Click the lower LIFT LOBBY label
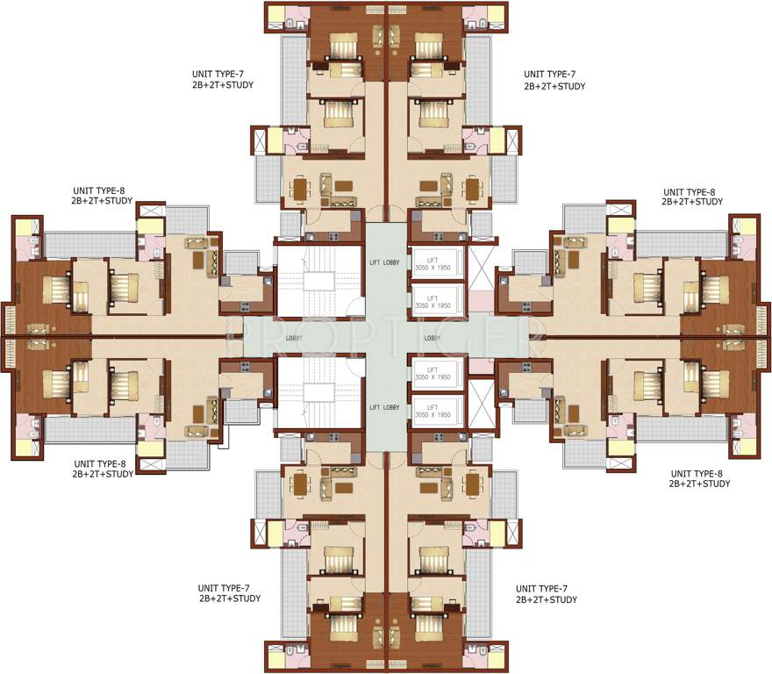point(386,407)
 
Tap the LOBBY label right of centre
point(432,338)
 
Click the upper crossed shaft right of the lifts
point(482,265)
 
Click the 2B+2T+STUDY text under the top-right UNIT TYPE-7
point(554,87)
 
